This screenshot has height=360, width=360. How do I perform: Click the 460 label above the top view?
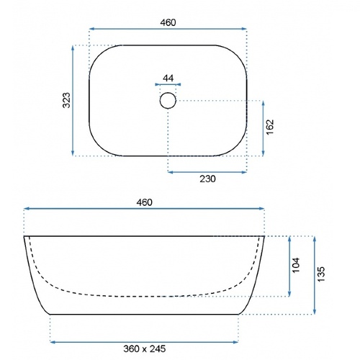pyautogui.click(x=168, y=22)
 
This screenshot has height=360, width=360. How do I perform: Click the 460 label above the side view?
pyautogui.click(x=144, y=202)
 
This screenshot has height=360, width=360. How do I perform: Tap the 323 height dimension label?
pyautogui.click(x=66, y=100)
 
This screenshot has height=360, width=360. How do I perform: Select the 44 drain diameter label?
pyautogui.click(x=168, y=78)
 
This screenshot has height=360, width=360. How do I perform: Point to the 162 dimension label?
pyautogui.click(x=270, y=127)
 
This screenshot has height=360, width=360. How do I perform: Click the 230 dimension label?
pyautogui.click(x=207, y=179)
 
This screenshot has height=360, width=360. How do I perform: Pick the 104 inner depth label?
pyautogui.click(x=297, y=265)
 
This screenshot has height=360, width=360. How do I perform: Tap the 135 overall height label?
pyautogui.click(x=321, y=274)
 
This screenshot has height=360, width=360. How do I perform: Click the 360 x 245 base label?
pyautogui.click(x=145, y=348)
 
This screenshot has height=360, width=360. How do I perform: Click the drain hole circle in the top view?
pyautogui.click(x=168, y=92)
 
